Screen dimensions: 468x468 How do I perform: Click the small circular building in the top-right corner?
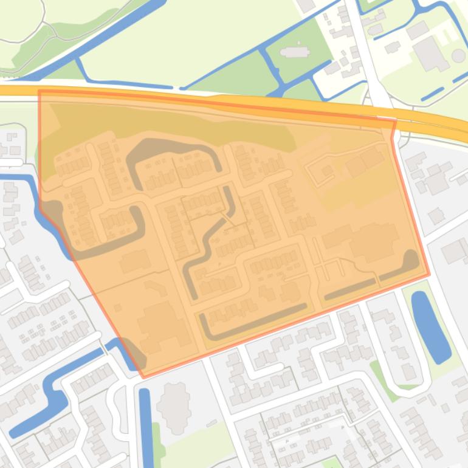coord(458,57)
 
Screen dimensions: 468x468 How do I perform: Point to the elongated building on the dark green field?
coord(295,52)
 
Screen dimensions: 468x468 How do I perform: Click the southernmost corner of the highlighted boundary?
coord(144,377)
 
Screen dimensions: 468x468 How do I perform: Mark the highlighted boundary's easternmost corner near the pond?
coord(429,274)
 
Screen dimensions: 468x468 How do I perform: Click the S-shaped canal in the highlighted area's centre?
coord(210,243)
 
